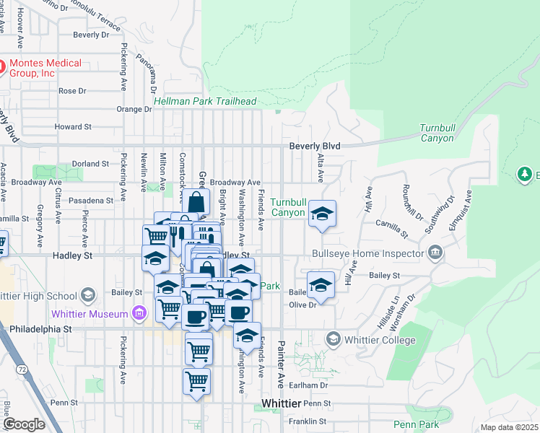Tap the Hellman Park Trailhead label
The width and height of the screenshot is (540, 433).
tap(205, 102)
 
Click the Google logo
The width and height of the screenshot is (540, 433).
tap(24, 424)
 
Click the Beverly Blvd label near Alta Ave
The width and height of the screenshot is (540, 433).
tap(314, 146)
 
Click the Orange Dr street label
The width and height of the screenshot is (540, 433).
tap(134, 110)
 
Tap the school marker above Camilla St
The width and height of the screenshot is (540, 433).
tap(323, 214)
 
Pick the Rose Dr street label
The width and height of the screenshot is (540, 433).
tap(72, 91)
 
